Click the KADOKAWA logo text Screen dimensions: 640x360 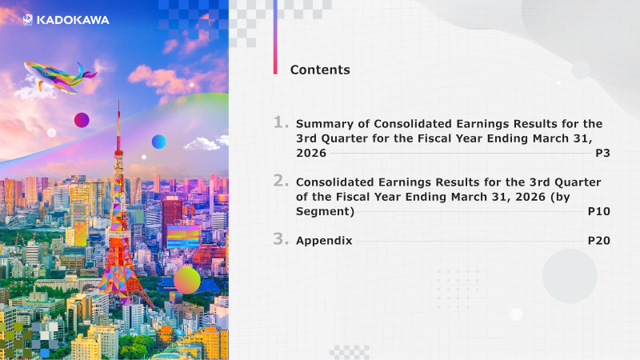pos(73,20)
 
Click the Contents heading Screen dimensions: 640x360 pos(320,70)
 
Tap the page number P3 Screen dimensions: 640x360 pos(602,153)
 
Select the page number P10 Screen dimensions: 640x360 pos(598,211)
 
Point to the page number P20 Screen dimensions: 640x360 pos(598,241)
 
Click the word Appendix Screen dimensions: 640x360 pos(324,241)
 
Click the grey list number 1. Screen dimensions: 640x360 pos(281,122)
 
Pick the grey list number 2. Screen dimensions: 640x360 pos(281,181)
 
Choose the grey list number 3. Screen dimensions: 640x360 pos(281,238)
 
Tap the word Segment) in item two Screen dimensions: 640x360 pos(326,211)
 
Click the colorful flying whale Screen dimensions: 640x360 pos(59,76)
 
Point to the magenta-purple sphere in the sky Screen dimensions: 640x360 pos(82,120)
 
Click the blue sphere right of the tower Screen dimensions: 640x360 pos(158,142)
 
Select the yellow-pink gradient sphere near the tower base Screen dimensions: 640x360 pos(187,280)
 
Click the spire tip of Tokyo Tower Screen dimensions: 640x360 pos(118,101)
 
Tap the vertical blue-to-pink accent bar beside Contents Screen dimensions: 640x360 pos(275,37)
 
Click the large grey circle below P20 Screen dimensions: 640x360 pos(570,275)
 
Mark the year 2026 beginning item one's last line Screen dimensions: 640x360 pos(311,153)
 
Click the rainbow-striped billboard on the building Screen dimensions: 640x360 pos(183,236)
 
